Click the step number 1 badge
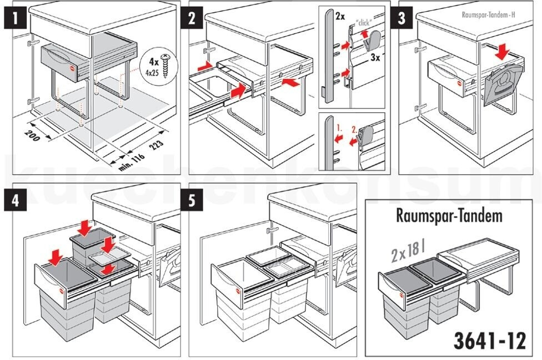[x=16, y=17]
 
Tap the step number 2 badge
[x=192, y=17]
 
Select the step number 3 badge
[x=402, y=17]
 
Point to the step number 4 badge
[x=16, y=200]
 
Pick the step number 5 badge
[x=192, y=200]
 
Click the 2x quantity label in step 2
[x=340, y=16]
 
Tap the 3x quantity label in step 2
[x=375, y=57]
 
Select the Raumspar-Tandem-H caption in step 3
[x=489, y=14]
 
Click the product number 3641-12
[x=490, y=341]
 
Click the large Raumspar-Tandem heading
[x=449, y=216]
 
